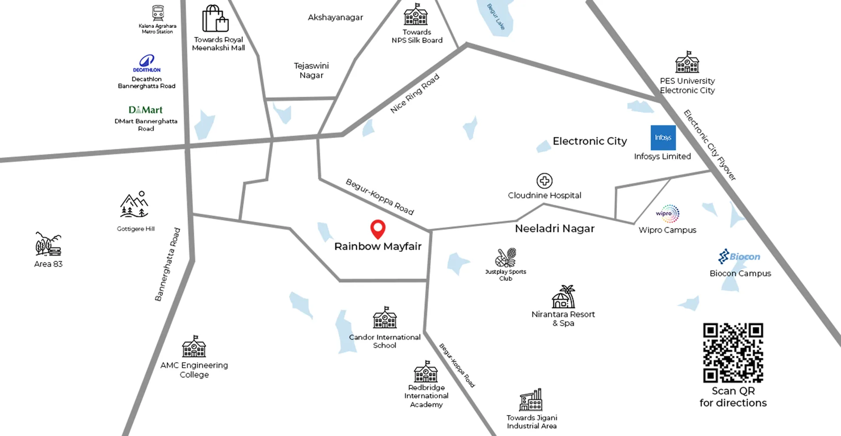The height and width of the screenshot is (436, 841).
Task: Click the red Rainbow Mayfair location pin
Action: pyautogui.click(x=378, y=228)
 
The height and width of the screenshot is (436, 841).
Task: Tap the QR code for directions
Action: pyautogui.click(x=733, y=352)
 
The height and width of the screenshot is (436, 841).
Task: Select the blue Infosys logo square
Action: pyautogui.click(x=663, y=138)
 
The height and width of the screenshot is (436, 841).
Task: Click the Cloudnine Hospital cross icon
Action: pyautogui.click(x=544, y=181)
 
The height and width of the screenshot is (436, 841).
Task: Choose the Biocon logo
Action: pyautogui.click(x=739, y=256)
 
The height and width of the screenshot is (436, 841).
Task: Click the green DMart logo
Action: pyautogui.click(x=145, y=110)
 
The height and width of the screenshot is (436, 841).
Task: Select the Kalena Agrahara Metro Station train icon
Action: pyautogui.click(x=158, y=13)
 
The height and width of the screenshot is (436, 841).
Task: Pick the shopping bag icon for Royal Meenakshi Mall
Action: pyautogui.click(x=215, y=18)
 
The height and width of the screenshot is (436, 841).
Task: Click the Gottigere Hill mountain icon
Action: pyautogui.click(x=134, y=205)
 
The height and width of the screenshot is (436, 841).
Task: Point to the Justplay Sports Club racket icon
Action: pyautogui.click(x=505, y=258)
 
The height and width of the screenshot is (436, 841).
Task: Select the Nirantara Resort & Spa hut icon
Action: pyautogui.click(x=563, y=297)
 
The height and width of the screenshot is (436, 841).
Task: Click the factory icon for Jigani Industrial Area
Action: pyautogui.click(x=531, y=400)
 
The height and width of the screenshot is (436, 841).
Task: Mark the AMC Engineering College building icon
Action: pyautogui.click(x=194, y=347)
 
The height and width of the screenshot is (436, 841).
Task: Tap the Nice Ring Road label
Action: pyautogui.click(x=414, y=94)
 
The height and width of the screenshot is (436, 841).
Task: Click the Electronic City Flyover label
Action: pyautogui.click(x=710, y=145)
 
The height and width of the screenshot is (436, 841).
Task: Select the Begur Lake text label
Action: pyautogui.click(x=496, y=17)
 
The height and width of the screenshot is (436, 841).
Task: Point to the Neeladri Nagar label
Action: pyautogui.click(x=555, y=228)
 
